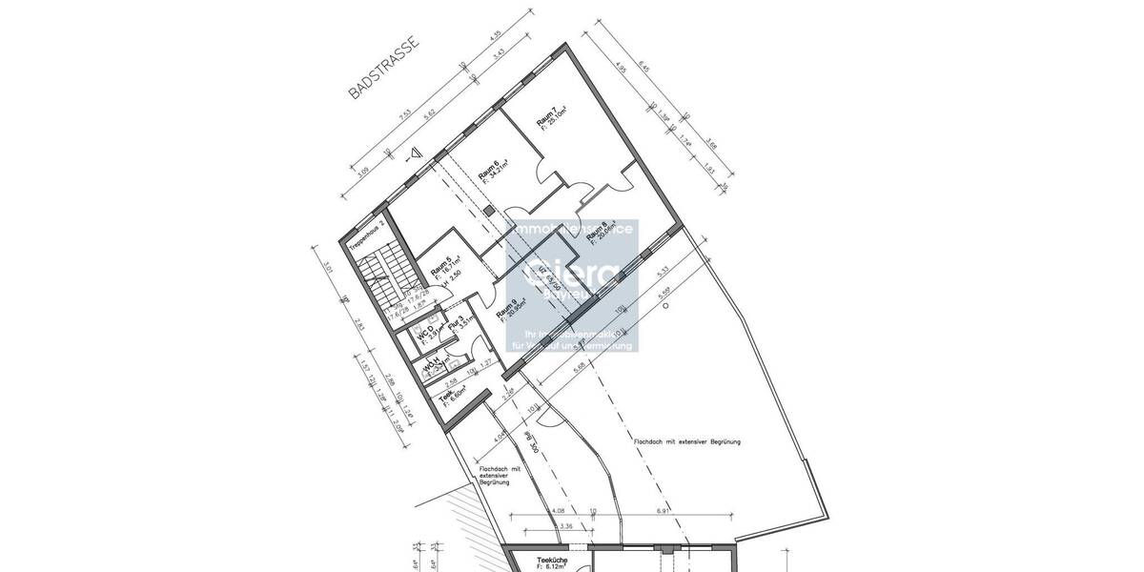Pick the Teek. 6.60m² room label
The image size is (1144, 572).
click(x=448, y=398)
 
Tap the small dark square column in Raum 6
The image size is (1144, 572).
click(x=489, y=209)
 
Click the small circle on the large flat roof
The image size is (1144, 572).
click(x=665, y=305)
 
